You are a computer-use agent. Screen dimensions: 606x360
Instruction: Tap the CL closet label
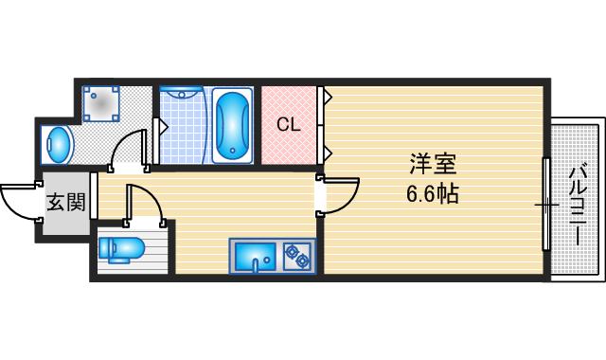tap(289, 124)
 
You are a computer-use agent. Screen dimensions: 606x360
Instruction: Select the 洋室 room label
tap(434, 165)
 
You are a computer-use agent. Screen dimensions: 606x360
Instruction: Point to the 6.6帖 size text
tap(433, 194)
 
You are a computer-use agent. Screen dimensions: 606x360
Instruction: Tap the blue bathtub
tap(232, 126)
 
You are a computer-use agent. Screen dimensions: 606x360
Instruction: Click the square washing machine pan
tap(101, 103)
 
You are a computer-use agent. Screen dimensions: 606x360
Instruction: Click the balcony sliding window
tap(545, 205)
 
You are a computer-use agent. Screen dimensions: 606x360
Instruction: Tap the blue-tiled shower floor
tap(182, 133)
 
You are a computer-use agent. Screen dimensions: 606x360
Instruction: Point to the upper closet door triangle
tap(326, 97)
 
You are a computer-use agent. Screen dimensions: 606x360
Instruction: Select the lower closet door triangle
tap(326, 151)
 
